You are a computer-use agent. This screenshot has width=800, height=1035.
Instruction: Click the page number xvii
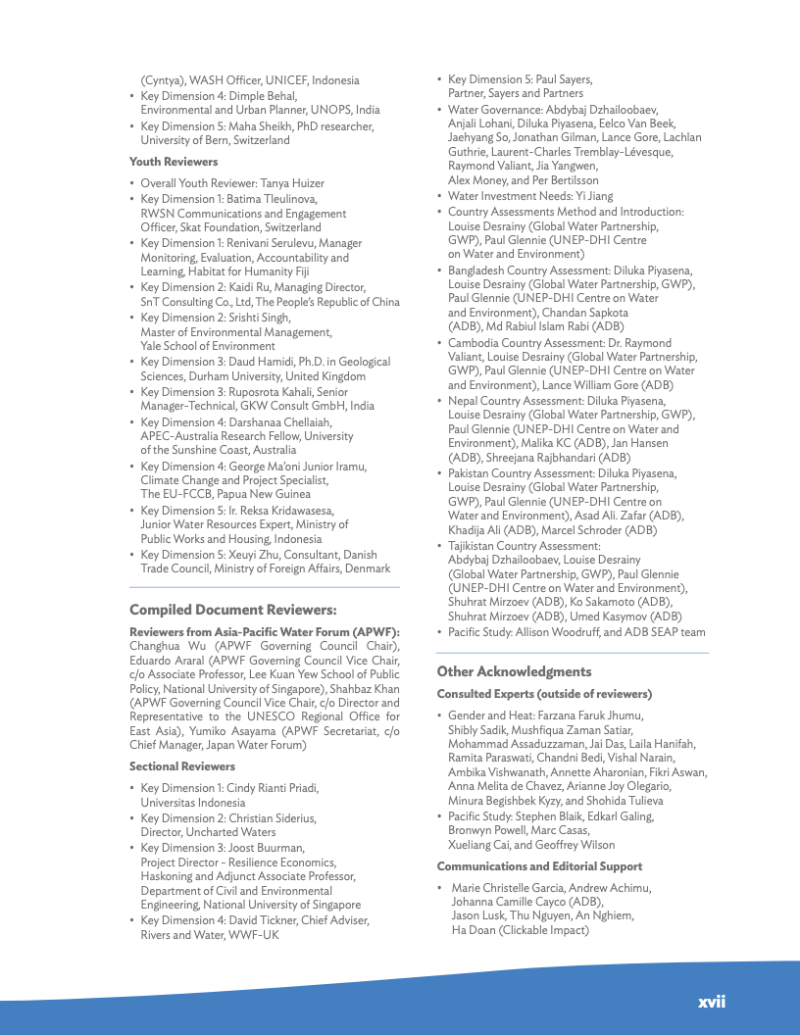tap(711, 1002)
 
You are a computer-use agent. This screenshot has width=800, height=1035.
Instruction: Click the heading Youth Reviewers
tap(174, 162)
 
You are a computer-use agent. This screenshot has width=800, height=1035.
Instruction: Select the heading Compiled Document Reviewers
tap(233, 610)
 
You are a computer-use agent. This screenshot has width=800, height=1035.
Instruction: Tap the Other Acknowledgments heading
tap(514, 671)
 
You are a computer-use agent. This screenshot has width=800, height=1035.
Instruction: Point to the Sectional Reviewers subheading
tap(182, 766)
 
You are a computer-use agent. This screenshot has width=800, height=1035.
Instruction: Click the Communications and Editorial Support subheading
tap(539, 866)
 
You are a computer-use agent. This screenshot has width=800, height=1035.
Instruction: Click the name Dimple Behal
tap(263, 96)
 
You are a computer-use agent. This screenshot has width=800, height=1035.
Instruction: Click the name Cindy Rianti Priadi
tap(273, 788)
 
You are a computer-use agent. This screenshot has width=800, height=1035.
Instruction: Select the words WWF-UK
tap(253, 935)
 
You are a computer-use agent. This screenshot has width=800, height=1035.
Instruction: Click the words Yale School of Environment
tap(208, 346)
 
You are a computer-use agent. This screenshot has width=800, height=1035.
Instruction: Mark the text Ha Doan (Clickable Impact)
tap(520, 930)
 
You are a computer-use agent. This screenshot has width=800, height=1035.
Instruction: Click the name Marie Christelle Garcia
tap(508, 888)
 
